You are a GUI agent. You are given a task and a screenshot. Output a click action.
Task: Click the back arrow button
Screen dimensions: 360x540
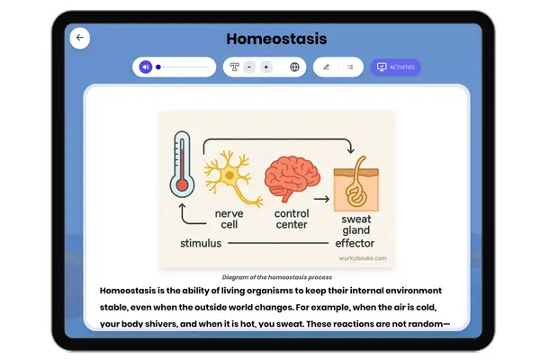click(x=79, y=38)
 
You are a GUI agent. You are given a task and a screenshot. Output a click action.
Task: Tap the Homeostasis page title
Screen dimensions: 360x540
click(x=276, y=39)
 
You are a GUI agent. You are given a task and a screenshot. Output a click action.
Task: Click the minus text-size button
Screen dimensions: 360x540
click(x=248, y=67)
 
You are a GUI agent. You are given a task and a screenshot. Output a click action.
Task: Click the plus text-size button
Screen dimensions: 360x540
click(x=266, y=67)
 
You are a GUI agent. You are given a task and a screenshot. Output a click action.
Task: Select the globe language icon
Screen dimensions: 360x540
click(x=294, y=67)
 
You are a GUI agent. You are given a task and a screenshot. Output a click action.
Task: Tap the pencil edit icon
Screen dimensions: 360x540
click(x=326, y=67)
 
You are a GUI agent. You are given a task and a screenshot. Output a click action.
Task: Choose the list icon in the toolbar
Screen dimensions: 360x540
click(x=349, y=67)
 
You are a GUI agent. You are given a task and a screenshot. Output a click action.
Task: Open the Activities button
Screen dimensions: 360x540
click(x=396, y=67)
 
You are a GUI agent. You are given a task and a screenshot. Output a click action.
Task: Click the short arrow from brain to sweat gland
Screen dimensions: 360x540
click(x=319, y=198)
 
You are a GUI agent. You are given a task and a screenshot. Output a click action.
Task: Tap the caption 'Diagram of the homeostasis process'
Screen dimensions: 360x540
click(x=276, y=276)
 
